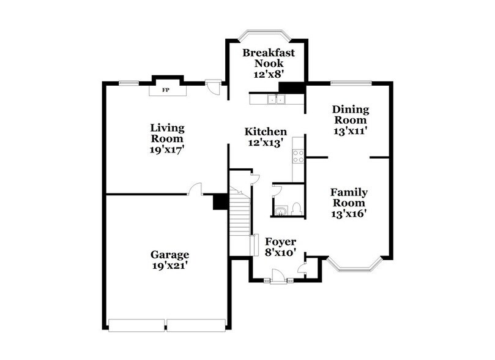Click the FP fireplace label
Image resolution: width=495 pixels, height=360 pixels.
pyautogui.click(x=165, y=90)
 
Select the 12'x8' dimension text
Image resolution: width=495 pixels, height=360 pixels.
pyautogui.click(x=268, y=73)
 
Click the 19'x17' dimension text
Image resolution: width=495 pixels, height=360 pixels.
pyautogui.click(x=167, y=149)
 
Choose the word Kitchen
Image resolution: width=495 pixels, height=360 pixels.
pyautogui.click(x=266, y=132)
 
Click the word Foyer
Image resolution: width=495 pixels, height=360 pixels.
pyautogui.click(x=280, y=241)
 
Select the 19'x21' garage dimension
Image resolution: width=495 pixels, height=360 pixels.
pyautogui.click(x=169, y=266)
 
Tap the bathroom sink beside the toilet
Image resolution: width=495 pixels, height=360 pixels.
pyautogui.click(x=280, y=211)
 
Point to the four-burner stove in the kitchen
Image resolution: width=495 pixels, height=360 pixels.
pyautogui.click(x=299, y=157)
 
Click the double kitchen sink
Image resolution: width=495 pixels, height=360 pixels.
pyautogui.click(x=275, y=99)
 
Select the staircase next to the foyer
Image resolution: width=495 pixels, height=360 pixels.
pyautogui.click(x=240, y=217)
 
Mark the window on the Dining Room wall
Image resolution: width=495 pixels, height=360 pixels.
pyautogui.click(x=351, y=83)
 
